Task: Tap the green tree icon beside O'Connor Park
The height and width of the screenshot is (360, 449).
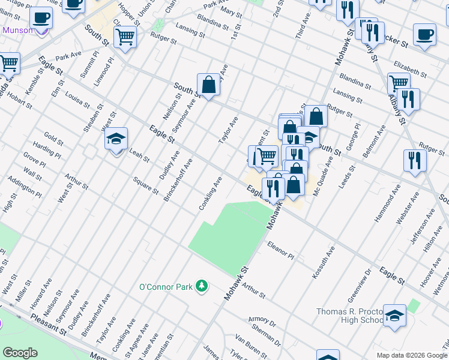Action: (x=202, y=286)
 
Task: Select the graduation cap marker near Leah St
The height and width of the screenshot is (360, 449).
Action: (x=116, y=140)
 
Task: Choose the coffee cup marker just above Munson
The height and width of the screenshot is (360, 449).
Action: (x=41, y=18)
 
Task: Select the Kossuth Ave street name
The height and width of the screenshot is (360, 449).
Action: (x=323, y=261)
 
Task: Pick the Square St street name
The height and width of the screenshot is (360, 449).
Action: (x=145, y=187)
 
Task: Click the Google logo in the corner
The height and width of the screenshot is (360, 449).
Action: (x=20, y=353)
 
